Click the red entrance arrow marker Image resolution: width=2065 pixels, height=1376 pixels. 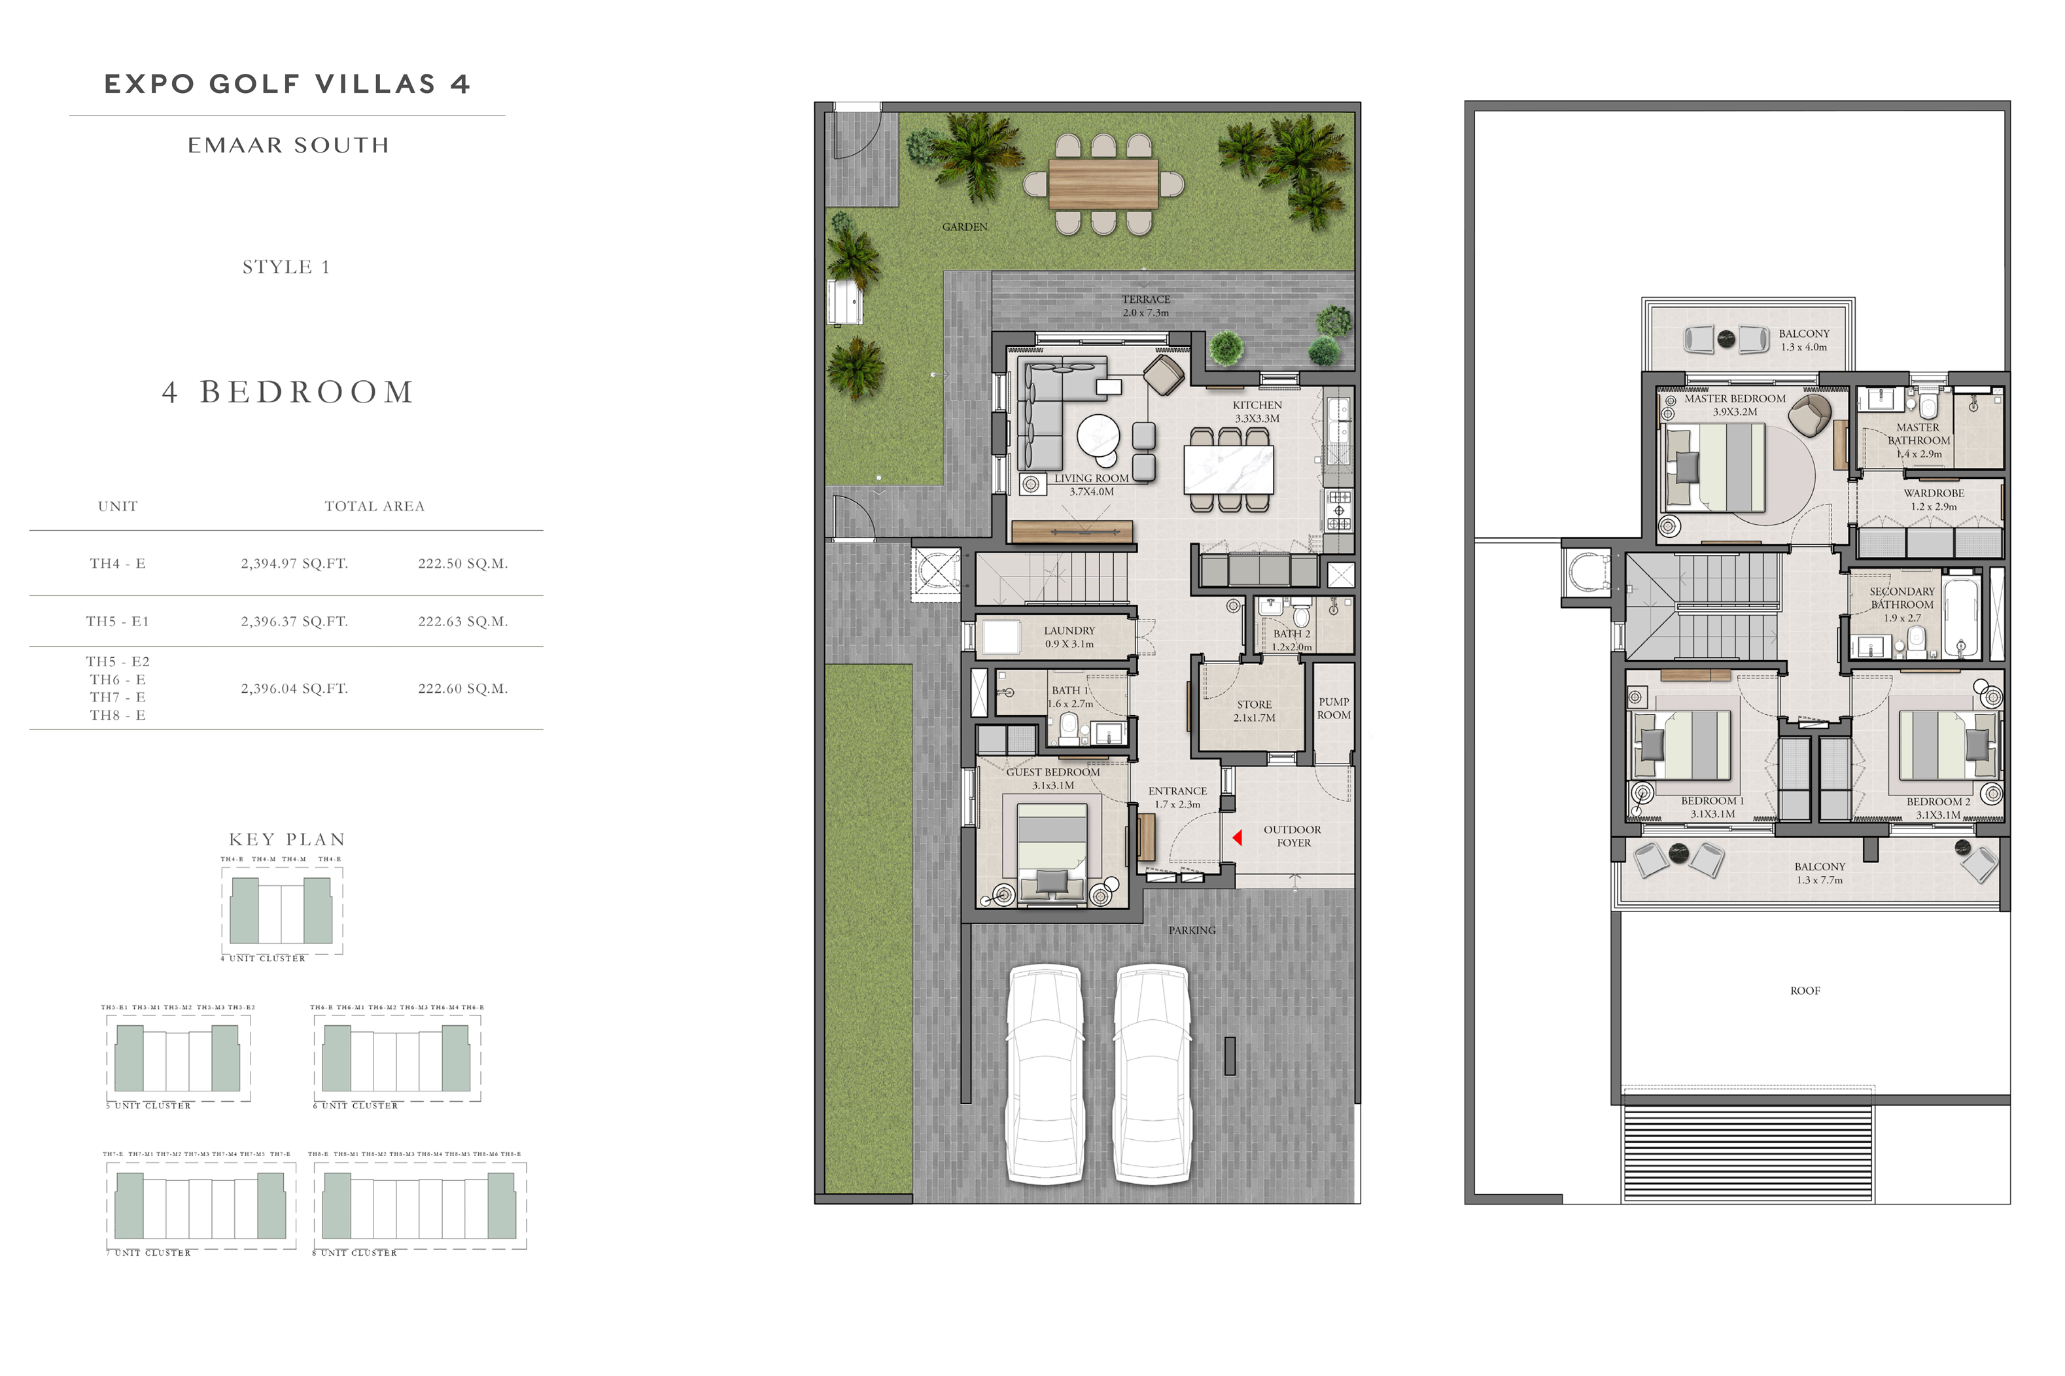[x=1237, y=838]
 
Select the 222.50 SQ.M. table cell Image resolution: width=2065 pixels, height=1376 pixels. [x=462, y=563]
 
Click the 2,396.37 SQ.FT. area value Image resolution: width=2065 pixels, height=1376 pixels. [x=294, y=622]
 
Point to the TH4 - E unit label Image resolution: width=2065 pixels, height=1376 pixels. [x=118, y=563]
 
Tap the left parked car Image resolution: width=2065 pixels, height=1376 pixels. [x=1044, y=1074]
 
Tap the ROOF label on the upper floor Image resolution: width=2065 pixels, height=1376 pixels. [x=1805, y=991]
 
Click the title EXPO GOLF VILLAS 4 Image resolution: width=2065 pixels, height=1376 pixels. [x=287, y=84]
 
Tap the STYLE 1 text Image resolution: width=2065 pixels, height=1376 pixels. [x=286, y=267]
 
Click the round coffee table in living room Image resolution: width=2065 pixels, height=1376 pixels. [x=1098, y=435]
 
